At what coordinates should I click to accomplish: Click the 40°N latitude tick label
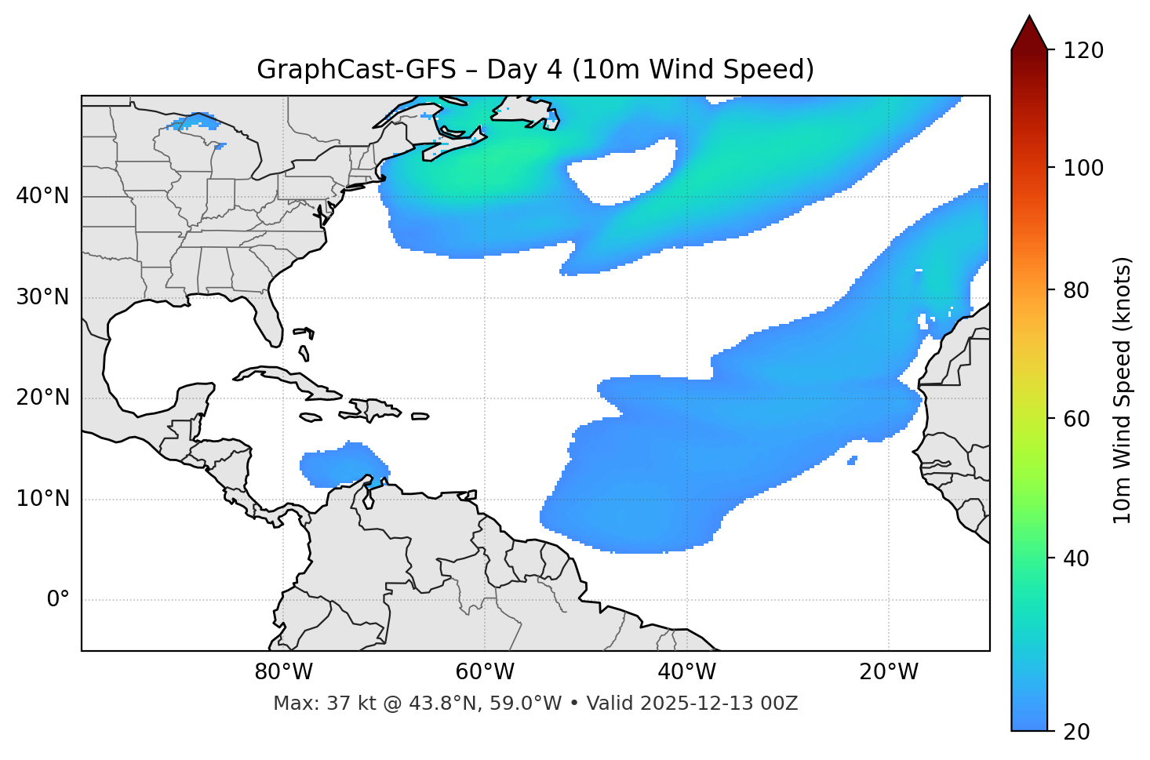(42, 196)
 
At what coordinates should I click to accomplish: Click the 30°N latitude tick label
(42, 297)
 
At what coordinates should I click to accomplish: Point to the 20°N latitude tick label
(42, 398)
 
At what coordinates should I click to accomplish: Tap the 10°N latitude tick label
(42, 499)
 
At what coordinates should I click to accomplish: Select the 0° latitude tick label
(58, 600)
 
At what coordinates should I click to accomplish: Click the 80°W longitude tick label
(283, 672)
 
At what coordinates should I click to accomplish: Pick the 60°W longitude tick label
(485, 672)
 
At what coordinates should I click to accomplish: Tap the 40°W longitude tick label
(686, 672)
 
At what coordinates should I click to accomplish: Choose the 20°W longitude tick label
(889, 672)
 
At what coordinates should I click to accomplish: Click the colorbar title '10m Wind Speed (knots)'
(1123, 391)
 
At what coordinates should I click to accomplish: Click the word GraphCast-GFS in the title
(356, 70)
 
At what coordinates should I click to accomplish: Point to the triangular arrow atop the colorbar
(1029, 33)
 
